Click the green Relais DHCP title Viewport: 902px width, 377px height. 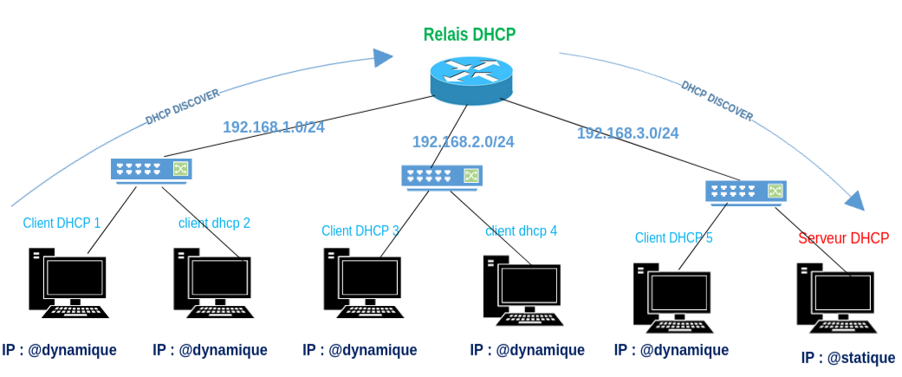tap(469, 35)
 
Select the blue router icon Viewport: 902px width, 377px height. tap(471, 77)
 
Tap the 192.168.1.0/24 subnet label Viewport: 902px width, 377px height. tap(274, 127)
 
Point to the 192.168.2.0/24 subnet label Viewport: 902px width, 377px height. tap(463, 141)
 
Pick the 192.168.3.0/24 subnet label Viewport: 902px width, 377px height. tap(627, 133)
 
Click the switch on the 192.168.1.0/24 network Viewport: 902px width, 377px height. tap(151, 169)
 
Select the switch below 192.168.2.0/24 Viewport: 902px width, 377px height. tap(441, 176)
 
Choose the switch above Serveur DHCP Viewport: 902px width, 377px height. tap(745, 192)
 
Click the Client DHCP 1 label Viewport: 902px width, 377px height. tap(62, 223)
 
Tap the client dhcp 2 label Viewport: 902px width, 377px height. tap(214, 223)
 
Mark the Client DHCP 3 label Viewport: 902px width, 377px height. tap(360, 231)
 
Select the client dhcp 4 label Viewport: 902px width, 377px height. tap(521, 231)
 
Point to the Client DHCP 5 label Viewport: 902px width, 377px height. tap(673, 237)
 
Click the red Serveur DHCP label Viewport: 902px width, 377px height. tap(843, 238)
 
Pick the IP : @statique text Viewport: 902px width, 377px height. tap(847, 358)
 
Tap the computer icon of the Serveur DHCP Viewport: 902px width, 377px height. tap(835, 298)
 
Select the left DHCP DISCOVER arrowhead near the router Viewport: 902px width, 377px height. tap(383, 57)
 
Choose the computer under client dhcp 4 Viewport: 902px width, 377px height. tap(522, 290)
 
